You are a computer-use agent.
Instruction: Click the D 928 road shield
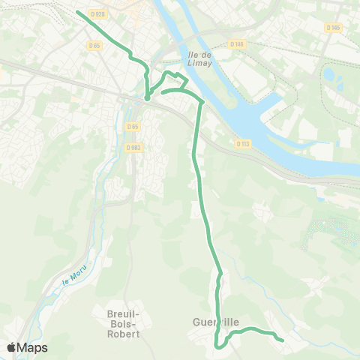pos(96,13)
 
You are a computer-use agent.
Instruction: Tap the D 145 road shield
pos(333,27)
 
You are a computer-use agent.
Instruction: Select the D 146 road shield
pos(238,44)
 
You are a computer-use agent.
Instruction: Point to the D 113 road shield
pos(242,143)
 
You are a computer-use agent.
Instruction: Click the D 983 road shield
pos(133,147)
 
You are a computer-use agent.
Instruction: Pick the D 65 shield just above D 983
pos(133,127)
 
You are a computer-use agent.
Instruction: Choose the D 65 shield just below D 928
pos(94,45)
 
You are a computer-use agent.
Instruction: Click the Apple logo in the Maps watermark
pos(11,347)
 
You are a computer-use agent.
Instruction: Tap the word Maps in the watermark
pos(32,348)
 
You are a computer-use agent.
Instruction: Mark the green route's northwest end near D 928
pos(79,13)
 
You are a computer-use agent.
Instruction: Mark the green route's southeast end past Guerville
pos(281,340)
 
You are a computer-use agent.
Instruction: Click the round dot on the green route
pos(147,97)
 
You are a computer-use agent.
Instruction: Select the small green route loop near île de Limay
pos(173,79)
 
